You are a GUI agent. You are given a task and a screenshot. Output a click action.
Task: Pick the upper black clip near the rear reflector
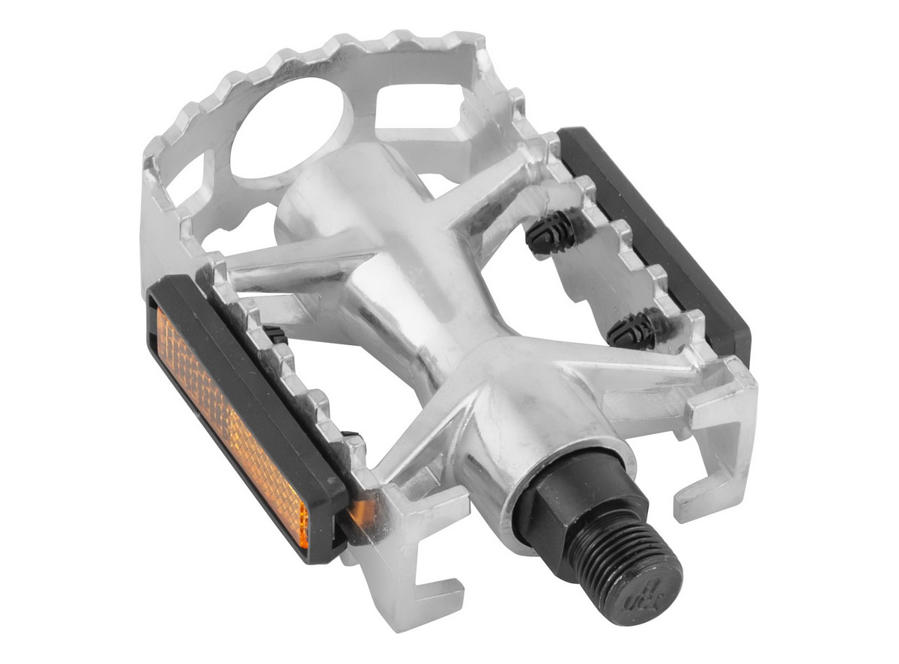click(x=550, y=231)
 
